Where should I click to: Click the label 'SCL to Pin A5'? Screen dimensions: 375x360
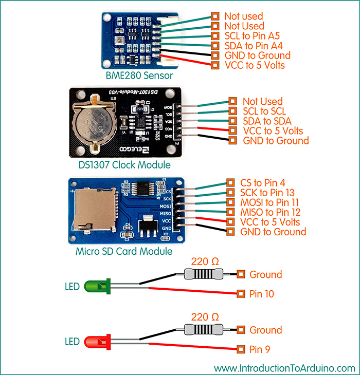(250, 36)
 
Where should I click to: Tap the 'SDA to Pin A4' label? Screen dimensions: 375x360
(251, 46)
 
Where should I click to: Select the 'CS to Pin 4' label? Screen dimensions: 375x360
(263, 182)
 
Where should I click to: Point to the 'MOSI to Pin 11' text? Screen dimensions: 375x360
(269, 202)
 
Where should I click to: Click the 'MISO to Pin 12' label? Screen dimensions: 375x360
(270, 212)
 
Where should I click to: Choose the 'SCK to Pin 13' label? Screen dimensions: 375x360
(267, 192)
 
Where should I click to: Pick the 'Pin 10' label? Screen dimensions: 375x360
(262, 294)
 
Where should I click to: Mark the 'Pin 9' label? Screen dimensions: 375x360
(260, 350)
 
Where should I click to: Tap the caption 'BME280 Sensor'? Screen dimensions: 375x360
(139, 76)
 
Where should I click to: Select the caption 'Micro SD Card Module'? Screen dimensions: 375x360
(124, 252)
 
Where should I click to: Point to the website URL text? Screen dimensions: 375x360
(284, 368)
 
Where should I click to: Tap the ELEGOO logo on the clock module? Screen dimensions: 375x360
(127, 149)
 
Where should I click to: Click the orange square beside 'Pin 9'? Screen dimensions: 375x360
(241, 350)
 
